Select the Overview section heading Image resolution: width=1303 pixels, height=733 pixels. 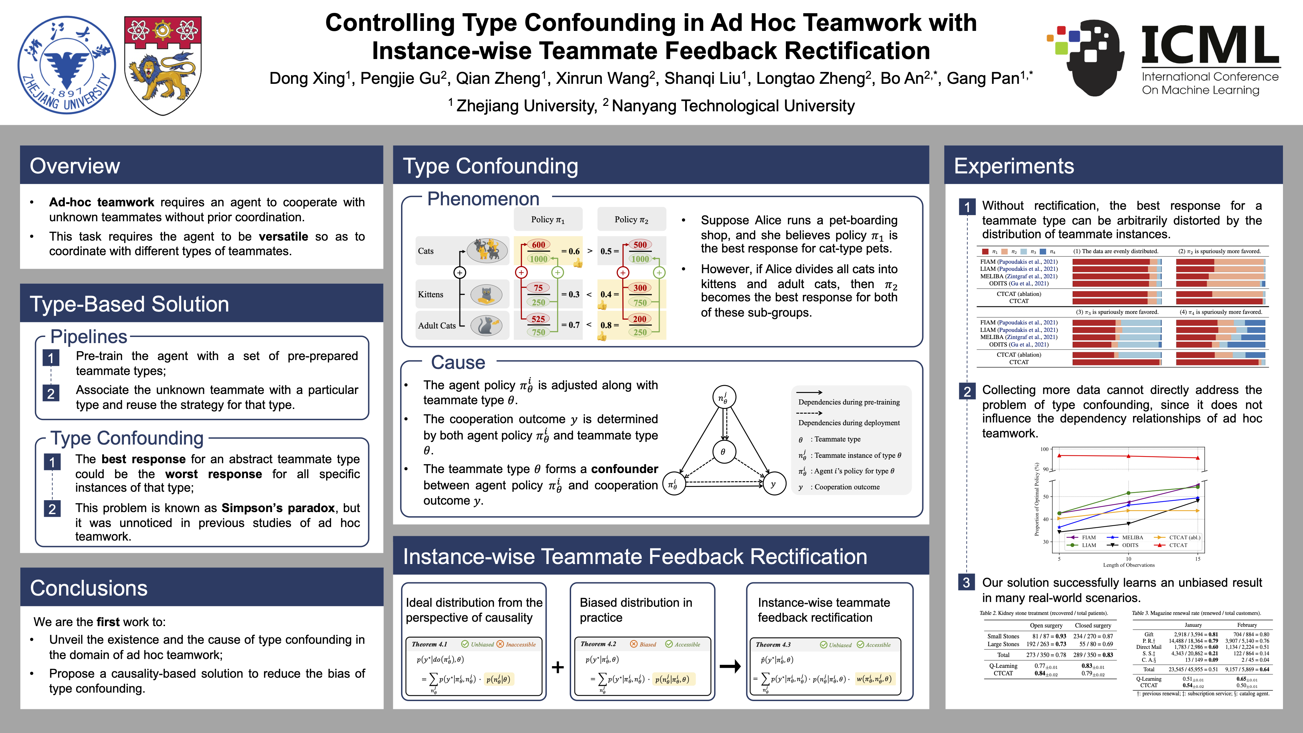pyautogui.click(x=75, y=166)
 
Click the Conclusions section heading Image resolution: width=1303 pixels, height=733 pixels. pyautogui.click(x=89, y=588)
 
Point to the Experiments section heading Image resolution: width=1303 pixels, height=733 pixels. pyautogui.click(x=1014, y=166)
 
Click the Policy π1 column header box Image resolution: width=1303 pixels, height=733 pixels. pyautogui.click(x=548, y=220)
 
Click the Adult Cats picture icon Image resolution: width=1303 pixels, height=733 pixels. pyautogui.click(x=486, y=325)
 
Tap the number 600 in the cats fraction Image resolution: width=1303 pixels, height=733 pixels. pyautogui.click(x=538, y=245)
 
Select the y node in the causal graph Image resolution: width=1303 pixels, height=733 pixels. pyautogui.click(x=773, y=484)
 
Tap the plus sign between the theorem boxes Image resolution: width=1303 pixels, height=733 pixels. pyautogui.click(x=558, y=667)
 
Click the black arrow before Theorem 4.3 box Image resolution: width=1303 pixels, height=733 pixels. pyautogui.click(x=730, y=666)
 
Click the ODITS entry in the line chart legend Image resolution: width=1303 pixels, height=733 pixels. pyautogui.click(x=1130, y=545)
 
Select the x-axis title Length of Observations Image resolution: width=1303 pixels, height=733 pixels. pyautogui.click(x=1129, y=565)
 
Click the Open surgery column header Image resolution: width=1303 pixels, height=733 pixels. pyautogui.click(x=1046, y=625)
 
